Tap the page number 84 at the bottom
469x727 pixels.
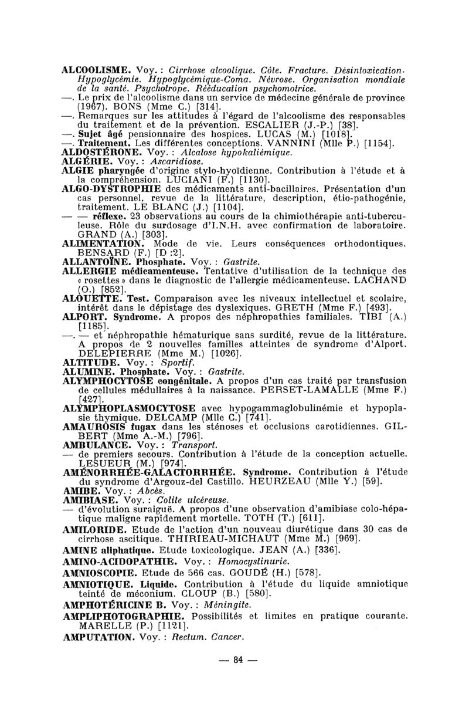[x=237, y=660]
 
